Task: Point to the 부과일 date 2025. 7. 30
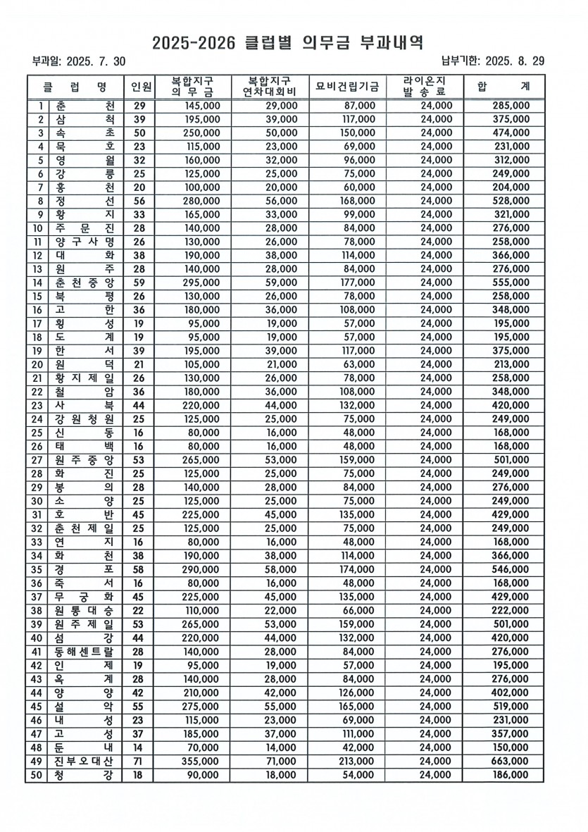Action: click(x=96, y=61)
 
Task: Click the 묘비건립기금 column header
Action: click(x=347, y=87)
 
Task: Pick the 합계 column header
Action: click(x=503, y=87)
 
